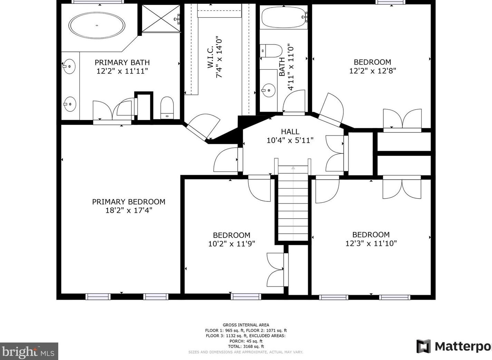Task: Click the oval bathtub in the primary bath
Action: pyautogui.click(x=97, y=26)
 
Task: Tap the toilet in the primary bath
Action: pyautogui.click(x=167, y=108)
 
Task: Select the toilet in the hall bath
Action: pyautogui.click(x=271, y=51)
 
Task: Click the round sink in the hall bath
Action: pyautogui.click(x=268, y=90)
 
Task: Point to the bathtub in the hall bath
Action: pyautogui.click(x=284, y=17)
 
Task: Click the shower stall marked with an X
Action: pyautogui.click(x=161, y=19)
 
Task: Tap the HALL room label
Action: pyautogui.click(x=290, y=131)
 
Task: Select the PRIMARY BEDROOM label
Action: pyautogui.click(x=129, y=202)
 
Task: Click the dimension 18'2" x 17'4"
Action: pyautogui.click(x=129, y=210)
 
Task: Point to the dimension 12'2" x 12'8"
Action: pyautogui.click(x=373, y=71)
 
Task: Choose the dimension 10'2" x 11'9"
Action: pyautogui.click(x=232, y=244)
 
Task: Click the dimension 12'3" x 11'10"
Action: pyautogui.click(x=371, y=243)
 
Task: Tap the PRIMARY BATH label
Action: pyautogui.click(x=122, y=62)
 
